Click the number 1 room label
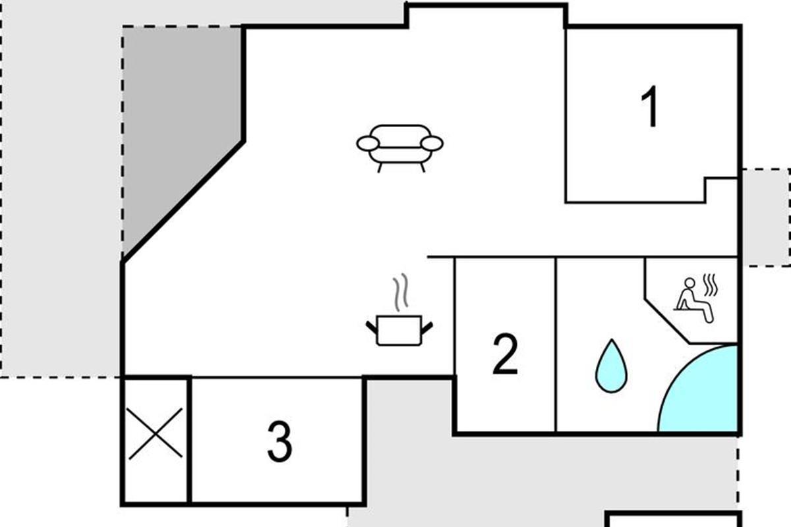pos(651,109)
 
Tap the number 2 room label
pos(505,355)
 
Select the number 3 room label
pos(279,442)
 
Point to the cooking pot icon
pos(399,329)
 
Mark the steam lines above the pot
pos(399,294)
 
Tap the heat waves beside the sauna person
pos(710,285)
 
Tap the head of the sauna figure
pos(689,284)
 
